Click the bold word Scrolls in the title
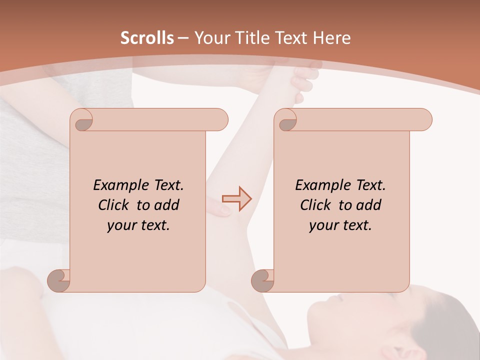click(x=147, y=38)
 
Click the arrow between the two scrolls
click(x=236, y=198)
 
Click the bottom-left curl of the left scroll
click(x=59, y=280)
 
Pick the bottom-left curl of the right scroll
click(x=263, y=280)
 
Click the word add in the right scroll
click(x=368, y=205)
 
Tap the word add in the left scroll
click(x=166, y=205)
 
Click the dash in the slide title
click(x=183, y=38)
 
